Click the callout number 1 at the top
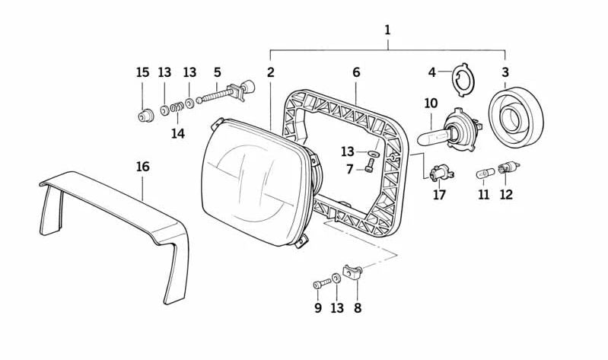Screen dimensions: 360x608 click(x=387, y=30)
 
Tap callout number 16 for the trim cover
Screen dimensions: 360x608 click(x=143, y=167)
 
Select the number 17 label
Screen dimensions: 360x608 click(x=439, y=196)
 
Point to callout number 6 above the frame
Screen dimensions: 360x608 click(x=355, y=72)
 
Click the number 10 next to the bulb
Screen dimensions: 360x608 click(x=431, y=102)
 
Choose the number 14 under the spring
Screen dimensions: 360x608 click(x=177, y=134)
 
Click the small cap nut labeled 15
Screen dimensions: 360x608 click(x=142, y=116)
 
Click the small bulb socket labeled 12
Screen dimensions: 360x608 click(x=504, y=168)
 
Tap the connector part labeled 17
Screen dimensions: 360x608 click(x=440, y=175)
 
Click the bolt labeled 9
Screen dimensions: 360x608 click(x=320, y=285)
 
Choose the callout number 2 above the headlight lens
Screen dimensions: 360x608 click(x=270, y=72)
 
